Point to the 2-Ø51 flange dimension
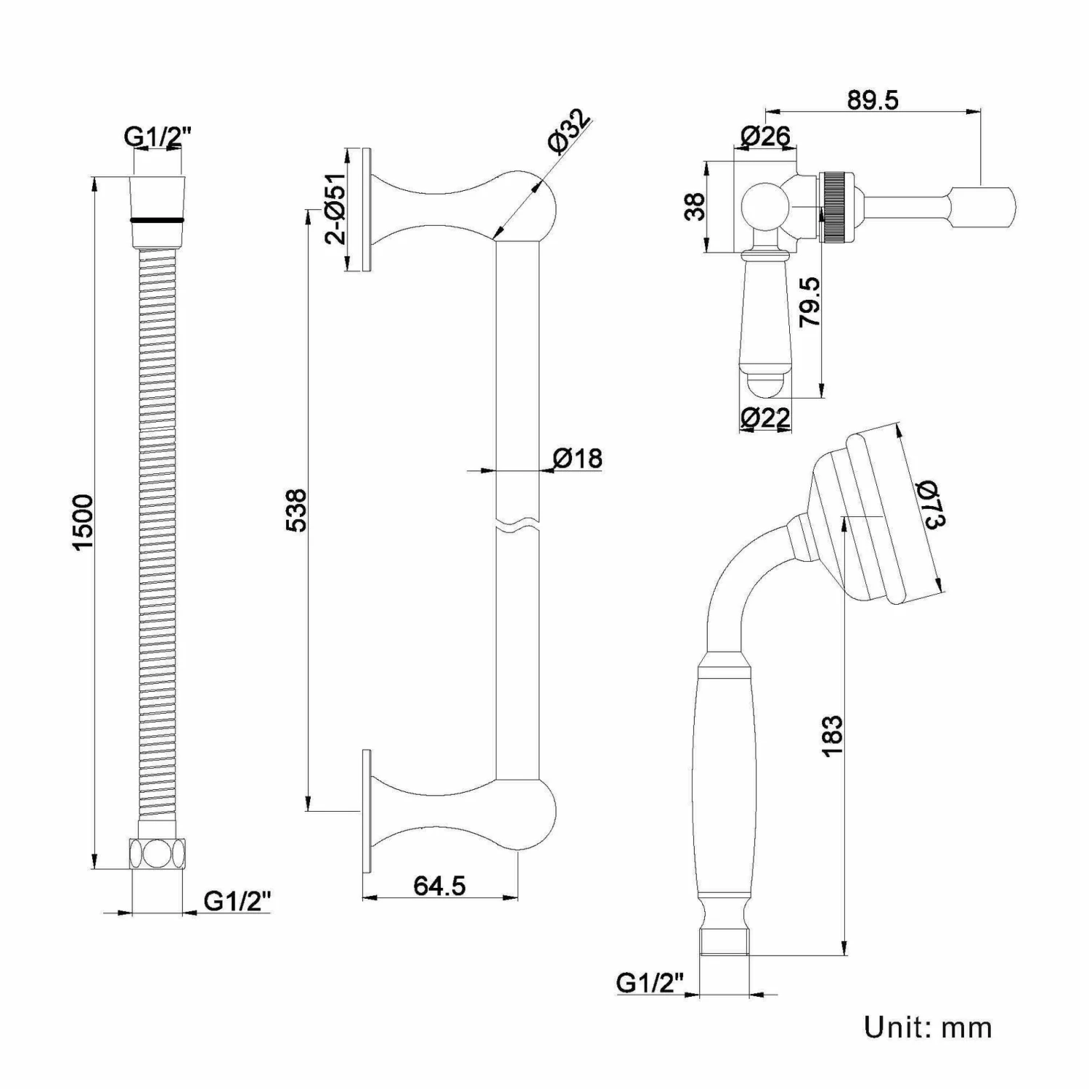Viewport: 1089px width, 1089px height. point(336,209)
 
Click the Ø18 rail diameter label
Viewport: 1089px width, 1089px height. point(577,458)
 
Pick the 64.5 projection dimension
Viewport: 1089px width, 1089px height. point(439,886)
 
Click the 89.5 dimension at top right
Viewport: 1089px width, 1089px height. point(873,99)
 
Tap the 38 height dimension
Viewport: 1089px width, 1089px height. point(695,206)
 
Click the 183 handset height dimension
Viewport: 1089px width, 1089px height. point(833,735)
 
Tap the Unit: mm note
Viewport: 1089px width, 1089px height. point(927,1027)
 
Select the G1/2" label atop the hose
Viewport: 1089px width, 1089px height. point(158,136)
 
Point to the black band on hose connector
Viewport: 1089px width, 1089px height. point(157,219)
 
